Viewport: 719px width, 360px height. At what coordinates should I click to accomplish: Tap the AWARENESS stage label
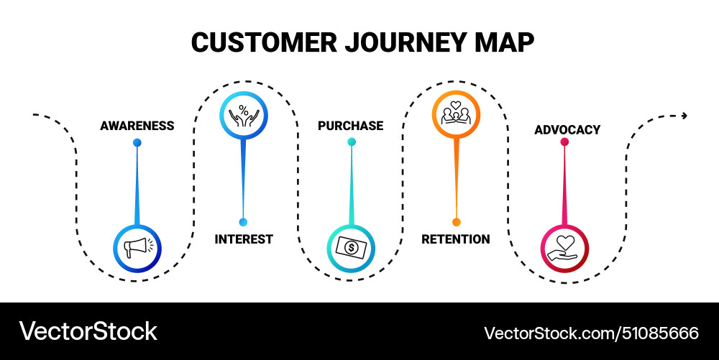point(137,126)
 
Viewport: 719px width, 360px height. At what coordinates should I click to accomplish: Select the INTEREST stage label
point(244,239)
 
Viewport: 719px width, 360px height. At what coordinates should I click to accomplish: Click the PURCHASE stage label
point(351,126)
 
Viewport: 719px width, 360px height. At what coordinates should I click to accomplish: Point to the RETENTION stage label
point(456,239)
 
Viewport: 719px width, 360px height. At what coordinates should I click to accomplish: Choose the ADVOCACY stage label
point(567,130)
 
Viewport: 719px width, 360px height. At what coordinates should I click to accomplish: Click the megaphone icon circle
point(137,249)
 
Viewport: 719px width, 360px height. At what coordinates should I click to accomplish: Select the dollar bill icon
point(351,249)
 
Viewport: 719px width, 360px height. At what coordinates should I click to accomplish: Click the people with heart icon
point(456,114)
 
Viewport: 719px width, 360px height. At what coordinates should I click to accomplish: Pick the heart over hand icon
point(564,249)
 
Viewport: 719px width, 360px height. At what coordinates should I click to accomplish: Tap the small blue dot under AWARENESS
point(137,142)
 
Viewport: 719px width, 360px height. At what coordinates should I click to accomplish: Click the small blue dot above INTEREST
point(243,222)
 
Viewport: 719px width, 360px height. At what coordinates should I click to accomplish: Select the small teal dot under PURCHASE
point(352,142)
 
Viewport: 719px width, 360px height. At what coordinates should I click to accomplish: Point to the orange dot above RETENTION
point(456,222)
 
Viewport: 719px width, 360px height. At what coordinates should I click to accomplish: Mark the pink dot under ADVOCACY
point(564,142)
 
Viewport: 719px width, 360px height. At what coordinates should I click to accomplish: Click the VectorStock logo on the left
point(88,331)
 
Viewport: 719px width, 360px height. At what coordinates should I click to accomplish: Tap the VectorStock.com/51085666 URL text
point(591,333)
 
